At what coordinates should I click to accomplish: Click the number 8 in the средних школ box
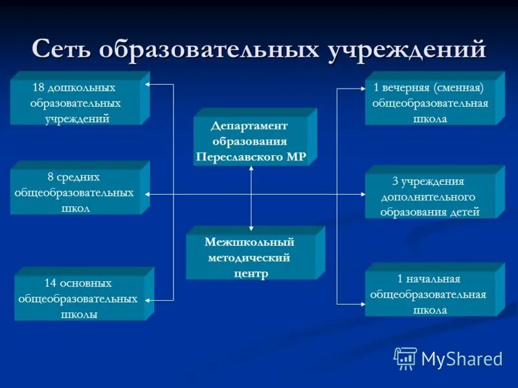click(x=51, y=177)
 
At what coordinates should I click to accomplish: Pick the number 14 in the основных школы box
click(x=51, y=283)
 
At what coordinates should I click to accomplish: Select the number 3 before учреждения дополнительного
click(x=396, y=182)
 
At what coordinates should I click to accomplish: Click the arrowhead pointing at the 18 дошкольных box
click(x=148, y=85)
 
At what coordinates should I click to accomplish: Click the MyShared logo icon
click(x=405, y=358)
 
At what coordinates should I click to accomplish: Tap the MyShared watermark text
click(x=462, y=359)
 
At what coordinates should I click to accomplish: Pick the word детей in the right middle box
click(x=465, y=211)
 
